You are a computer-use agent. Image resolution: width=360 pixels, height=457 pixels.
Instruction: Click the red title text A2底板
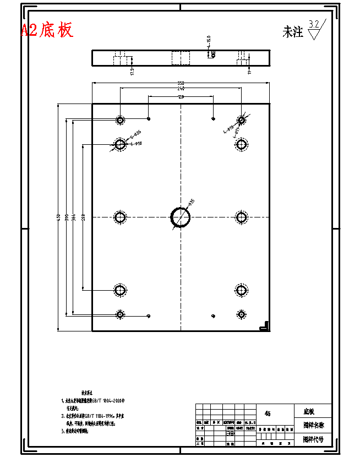click(47, 30)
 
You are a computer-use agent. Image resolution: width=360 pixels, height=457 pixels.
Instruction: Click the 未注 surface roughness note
click(293, 32)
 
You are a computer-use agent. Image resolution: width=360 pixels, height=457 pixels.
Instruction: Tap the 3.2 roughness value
click(314, 24)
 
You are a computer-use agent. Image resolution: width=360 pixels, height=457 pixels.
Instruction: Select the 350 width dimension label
click(181, 83)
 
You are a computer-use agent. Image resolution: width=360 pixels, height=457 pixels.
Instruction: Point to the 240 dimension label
click(181, 89)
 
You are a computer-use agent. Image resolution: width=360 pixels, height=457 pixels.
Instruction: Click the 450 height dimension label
click(58, 218)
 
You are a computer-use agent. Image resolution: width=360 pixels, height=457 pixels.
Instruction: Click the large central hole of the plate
click(181, 217)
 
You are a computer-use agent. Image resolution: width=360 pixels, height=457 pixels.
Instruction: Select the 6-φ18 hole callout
click(135, 144)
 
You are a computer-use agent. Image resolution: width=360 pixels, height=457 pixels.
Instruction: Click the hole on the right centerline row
click(241, 217)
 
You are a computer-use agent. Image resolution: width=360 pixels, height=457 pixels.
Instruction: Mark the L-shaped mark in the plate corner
click(264, 326)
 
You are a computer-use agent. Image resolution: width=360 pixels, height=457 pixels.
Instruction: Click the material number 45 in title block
click(268, 413)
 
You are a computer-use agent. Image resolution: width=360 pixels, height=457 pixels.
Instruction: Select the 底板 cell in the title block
click(308, 411)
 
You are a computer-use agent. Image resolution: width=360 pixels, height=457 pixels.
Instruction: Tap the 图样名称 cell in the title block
click(312, 426)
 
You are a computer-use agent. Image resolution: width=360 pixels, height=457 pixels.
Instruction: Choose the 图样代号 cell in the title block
click(312, 440)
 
